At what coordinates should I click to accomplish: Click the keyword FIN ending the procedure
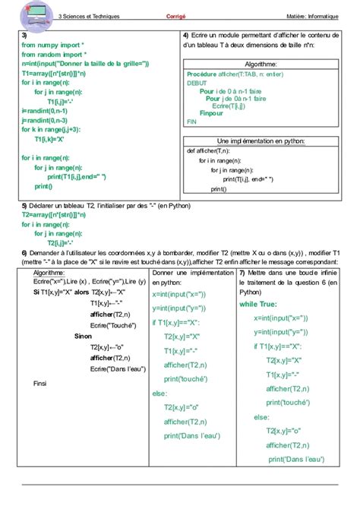pyautogui.click(x=191, y=121)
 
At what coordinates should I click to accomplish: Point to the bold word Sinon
pyautogui.click(x=82, y=335)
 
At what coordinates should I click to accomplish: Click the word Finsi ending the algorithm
pyautogui.click(x=39, y=384)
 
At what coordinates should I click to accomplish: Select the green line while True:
pyautogui.click(x=260, y=303)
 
